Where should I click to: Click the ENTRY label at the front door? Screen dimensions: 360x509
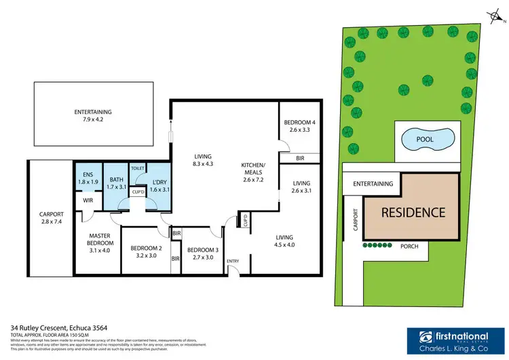coord(233,262)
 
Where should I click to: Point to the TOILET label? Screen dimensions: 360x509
coord(138,168)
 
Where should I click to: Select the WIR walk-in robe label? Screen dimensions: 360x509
coord(87,200)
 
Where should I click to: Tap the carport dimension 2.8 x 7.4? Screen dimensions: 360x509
coord(51,221)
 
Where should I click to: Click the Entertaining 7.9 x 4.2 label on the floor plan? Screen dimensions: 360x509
coord(93,116)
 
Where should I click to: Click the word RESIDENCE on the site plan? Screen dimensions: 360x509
coord(413,212)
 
